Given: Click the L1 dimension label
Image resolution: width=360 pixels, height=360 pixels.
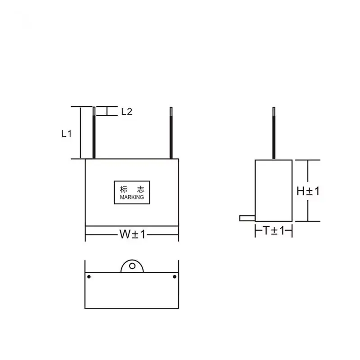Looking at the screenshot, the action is coord(67,133).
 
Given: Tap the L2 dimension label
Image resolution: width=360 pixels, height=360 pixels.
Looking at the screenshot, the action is coord(127,112).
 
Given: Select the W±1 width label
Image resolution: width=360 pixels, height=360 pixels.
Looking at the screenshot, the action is coord(132,234).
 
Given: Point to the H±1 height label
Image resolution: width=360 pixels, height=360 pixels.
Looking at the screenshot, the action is coord(308,191).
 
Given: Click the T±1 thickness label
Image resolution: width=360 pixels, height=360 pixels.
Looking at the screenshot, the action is coord(274,230).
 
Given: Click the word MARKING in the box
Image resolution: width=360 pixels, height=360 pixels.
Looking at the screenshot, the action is coord(132,197).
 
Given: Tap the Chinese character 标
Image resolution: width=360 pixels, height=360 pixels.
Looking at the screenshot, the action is coord(123,189).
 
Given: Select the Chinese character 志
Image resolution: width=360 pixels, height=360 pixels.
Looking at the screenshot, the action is coord(141,189).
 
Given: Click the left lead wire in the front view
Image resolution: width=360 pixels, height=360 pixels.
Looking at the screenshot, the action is coord(94,133).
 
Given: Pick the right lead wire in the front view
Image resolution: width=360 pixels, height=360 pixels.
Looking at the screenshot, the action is coord(171,133).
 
